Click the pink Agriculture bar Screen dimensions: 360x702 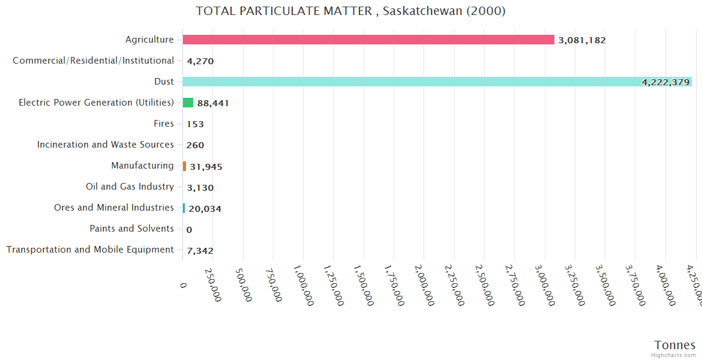click(x=368, y=40)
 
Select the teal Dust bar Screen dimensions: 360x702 click(x=437, y=82)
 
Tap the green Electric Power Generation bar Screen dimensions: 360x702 click(x=188, y=103)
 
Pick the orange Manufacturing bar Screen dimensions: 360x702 click(x=185, y=166)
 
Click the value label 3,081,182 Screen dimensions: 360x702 click(x=581, y=40)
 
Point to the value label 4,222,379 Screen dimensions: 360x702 click(x=665, y=82)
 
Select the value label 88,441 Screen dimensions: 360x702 click(x=213, y=103)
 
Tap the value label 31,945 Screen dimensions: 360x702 click(x=206, y=167)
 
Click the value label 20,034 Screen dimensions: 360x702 click(x=205, y=209)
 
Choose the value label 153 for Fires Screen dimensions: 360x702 click(x=195, y=124)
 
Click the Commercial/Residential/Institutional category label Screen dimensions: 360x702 click(x=93, y=61)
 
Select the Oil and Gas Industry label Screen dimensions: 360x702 click(x=130, y=187)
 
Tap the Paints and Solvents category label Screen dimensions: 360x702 click(x=131, y=229)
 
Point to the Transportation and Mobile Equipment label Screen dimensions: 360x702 click(x=90, y=250)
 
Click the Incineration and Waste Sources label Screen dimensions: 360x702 click(x=105, y=145)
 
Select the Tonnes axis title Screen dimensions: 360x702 click(x=674, y=345)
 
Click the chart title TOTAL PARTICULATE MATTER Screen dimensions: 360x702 click(x=350, y=11)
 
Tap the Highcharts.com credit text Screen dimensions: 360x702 click(x=673, y=355)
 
